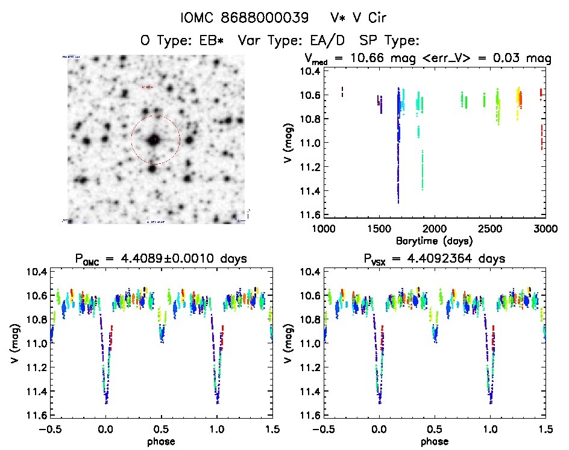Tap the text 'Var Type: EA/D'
pos(292,40)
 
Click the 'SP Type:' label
pos(389,40)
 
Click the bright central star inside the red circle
pos(155,139)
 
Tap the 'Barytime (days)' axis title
pos(434,240)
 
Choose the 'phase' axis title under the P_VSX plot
pos(434,442)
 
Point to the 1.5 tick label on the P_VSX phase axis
pos(544,429)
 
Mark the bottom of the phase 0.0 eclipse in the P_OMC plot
pos(106,398)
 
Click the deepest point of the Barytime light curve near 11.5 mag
pos(398,201)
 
